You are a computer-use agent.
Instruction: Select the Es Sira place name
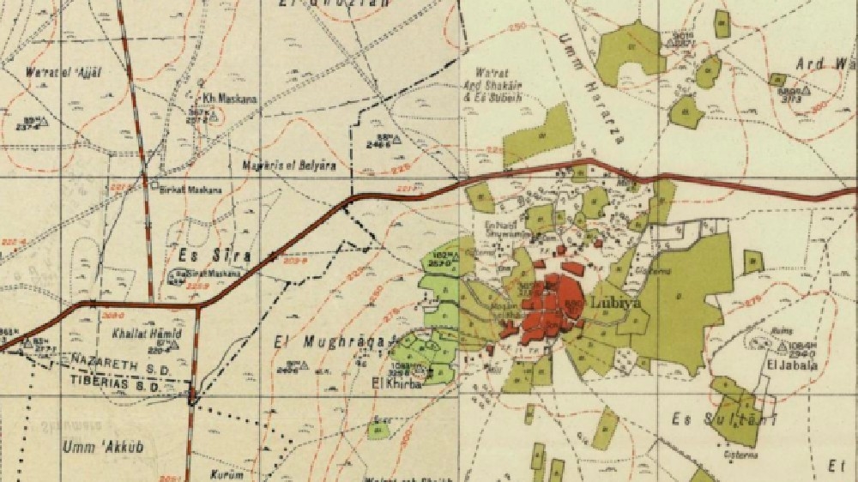point(203,256)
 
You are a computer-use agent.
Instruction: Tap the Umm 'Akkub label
point(92,447)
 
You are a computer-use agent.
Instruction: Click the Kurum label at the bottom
point(227,474)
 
